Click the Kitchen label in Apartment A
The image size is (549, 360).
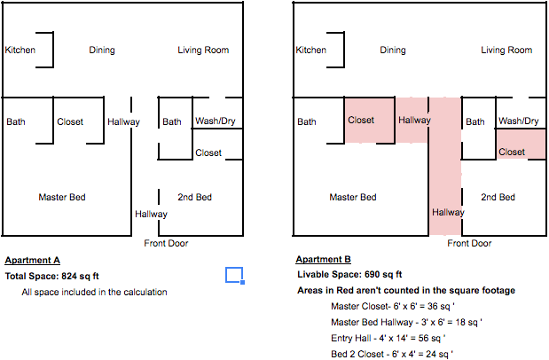click(x=20, y=50)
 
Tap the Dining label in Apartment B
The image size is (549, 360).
click(x=393, y=51)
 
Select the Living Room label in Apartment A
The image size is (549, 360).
click(x=203, y=50)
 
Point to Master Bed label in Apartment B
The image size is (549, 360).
click(x=352, y=197)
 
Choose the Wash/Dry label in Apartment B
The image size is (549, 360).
click(x=519, y=121)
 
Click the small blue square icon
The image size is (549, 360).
click(x=234, y=275)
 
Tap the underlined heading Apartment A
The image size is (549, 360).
click(x=32, y=260)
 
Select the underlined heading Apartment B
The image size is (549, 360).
click(x=323, y=260)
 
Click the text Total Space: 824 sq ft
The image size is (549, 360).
click(x=51, y=276)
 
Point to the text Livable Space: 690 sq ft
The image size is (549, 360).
click(x=349, y=275)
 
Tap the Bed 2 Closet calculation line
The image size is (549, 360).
click(x=391, y=354)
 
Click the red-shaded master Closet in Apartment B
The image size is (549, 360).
click(x=361, y=121)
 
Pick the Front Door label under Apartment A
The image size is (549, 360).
click(x=166, y=243)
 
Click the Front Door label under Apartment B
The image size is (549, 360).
click(x=469, y=243)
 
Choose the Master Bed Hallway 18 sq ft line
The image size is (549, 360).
click(x=401, y=322)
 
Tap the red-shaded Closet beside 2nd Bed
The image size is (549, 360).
click(x=512, y=153)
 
